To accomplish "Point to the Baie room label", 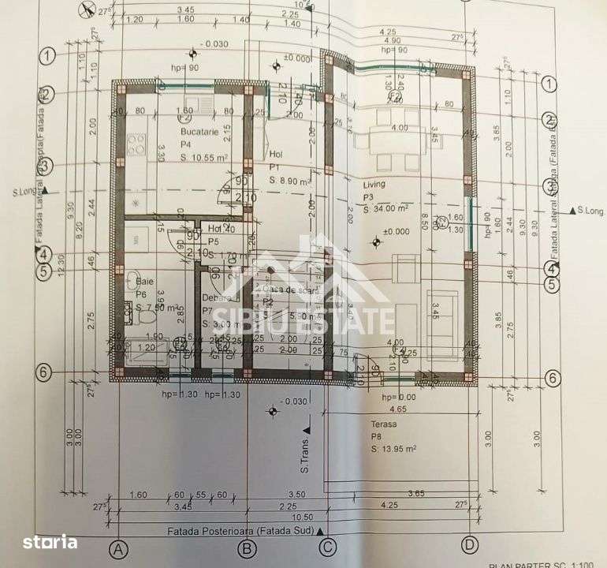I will coord(144,280).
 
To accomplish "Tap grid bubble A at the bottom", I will coord(119,547).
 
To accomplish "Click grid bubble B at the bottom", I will coord(247,547).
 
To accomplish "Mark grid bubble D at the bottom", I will coord(471,545).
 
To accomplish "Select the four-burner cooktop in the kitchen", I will coord(136,145).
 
